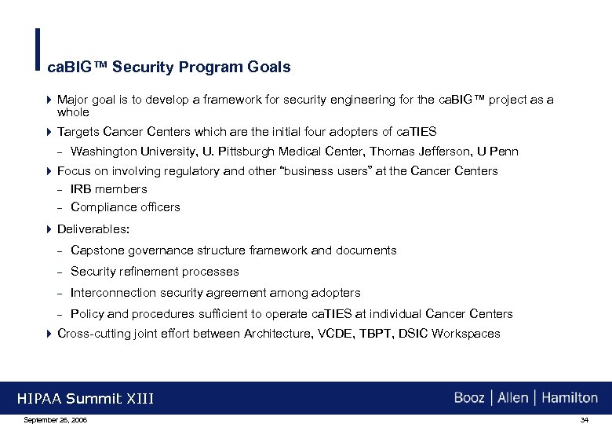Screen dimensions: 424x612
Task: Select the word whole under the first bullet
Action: (x=73, y=112)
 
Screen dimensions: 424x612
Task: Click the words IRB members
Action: (x=108, y=189)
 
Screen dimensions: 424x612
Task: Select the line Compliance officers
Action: (x=125, y=207)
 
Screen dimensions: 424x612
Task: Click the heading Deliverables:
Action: (x=93, y=229)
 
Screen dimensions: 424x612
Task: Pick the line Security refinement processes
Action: (x=155, y=272)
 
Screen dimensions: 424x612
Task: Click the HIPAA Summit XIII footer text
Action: (x=86, y=399)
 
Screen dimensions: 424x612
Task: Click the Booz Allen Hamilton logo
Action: (x=526, y=397)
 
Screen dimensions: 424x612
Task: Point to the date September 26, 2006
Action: (x=56, y=420)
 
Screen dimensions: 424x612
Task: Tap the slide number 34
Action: (x=584, y=420)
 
